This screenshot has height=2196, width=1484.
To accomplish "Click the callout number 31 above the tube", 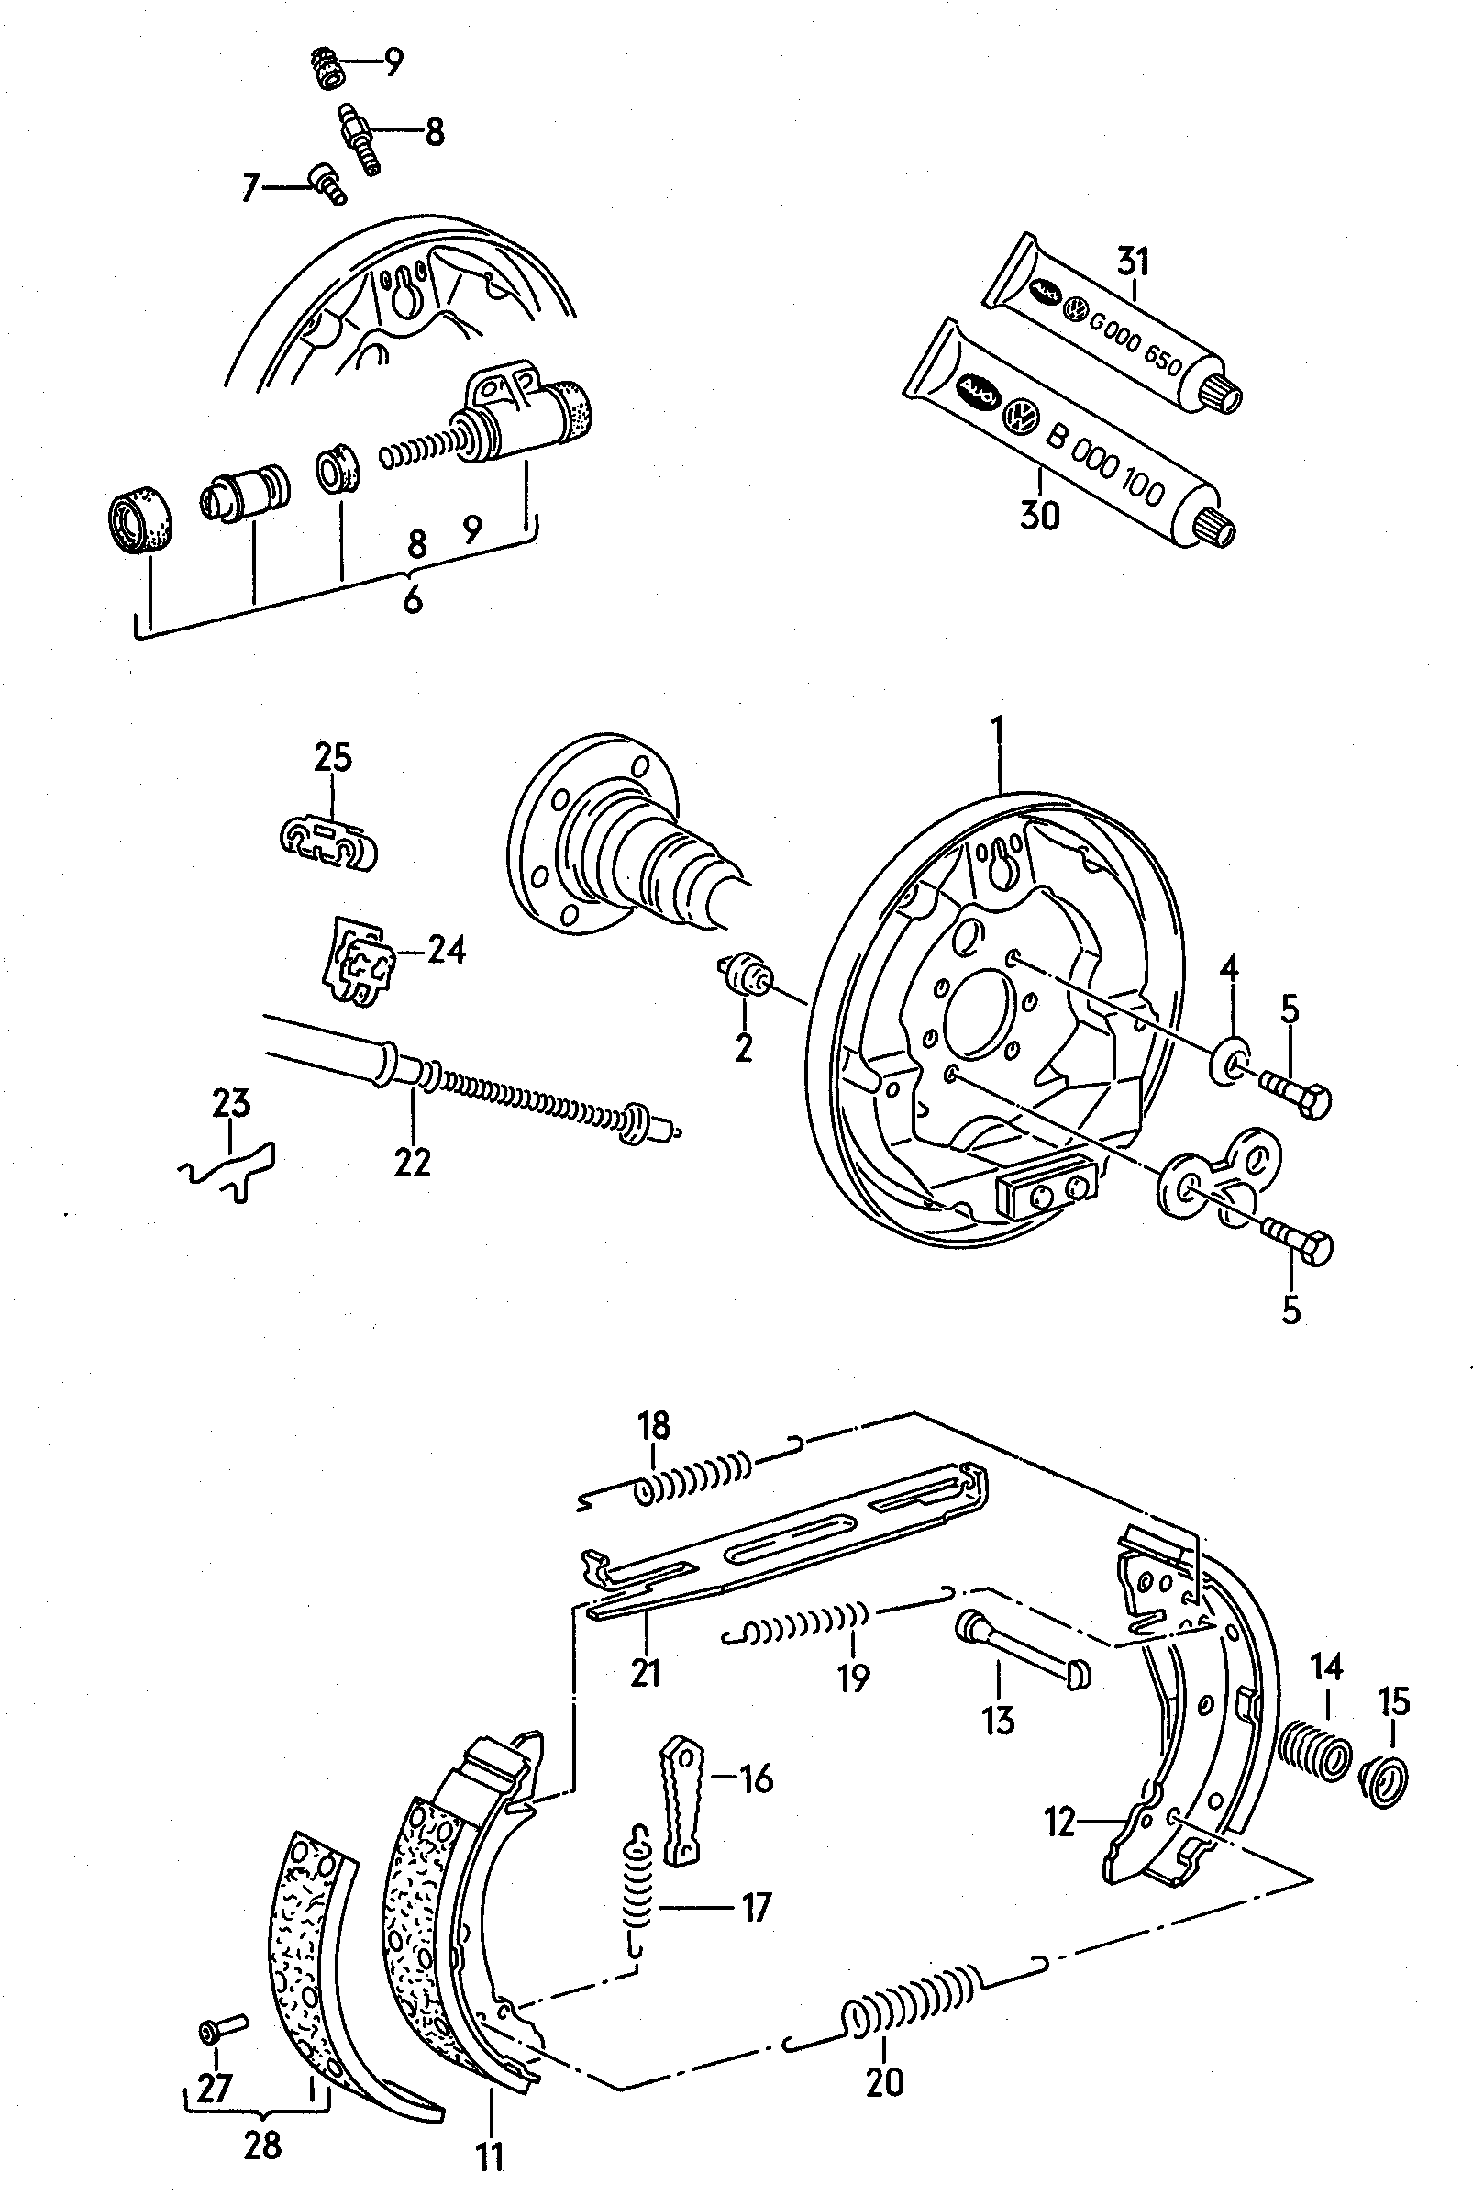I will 1133,260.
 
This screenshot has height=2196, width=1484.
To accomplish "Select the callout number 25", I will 332,758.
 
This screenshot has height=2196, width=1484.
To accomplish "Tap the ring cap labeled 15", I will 1384,1781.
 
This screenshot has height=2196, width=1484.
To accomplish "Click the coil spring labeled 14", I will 1315,1749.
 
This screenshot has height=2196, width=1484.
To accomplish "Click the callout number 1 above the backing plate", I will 998,734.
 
